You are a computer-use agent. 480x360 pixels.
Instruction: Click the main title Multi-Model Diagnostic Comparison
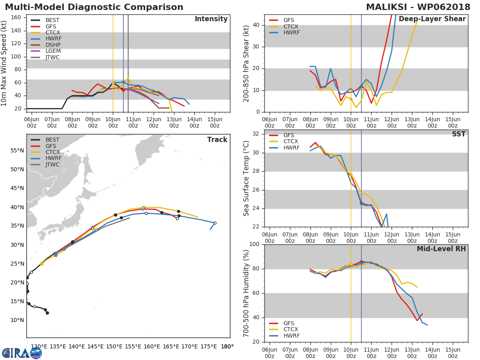pos(94,7)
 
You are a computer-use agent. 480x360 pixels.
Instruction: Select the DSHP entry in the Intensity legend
pos(53,45)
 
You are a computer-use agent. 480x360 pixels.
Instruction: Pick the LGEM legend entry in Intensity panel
pos(53,51)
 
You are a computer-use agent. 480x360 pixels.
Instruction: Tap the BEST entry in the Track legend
pos(52,140)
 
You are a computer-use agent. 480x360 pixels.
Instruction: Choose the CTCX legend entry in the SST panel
pos(290,142)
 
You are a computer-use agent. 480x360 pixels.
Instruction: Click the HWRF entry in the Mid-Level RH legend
pos(291,336)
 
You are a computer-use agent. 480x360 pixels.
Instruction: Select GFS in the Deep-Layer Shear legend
pos(288,20)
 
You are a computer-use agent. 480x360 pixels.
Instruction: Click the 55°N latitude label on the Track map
pos(17,150)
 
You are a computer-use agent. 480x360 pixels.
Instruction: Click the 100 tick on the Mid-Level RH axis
pos(255,244)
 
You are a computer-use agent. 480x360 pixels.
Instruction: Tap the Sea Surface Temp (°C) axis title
pos(246,178)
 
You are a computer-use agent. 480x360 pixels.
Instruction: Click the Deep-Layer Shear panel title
pos(432,19)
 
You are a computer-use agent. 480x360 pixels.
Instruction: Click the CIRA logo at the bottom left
pos(22,353)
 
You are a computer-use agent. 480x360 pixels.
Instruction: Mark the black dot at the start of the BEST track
pos(47,313)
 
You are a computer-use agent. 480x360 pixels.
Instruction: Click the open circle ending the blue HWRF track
pos(215,223)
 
